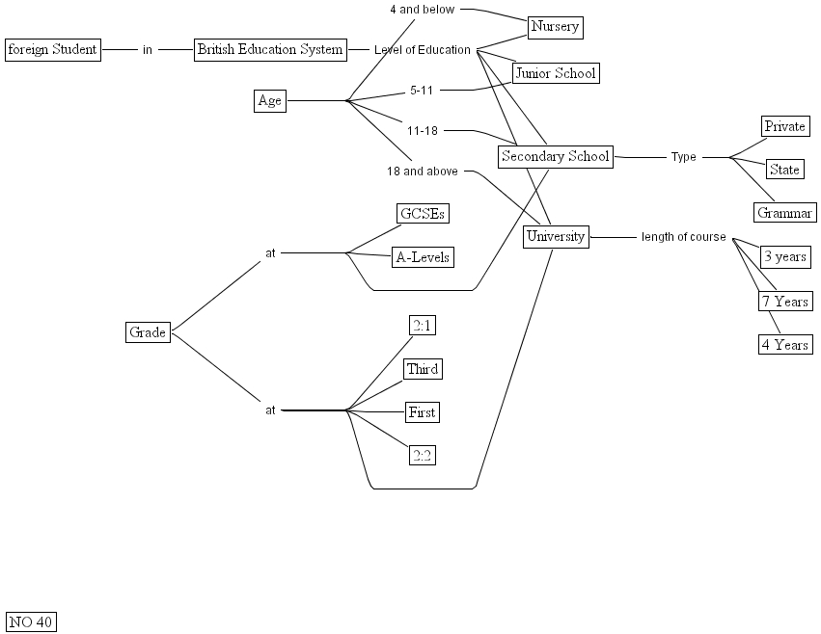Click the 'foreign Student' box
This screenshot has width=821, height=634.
[x=53, y=49]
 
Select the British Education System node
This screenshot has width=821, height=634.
[x=270, y=49]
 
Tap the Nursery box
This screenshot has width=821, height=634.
[x=556, y=26]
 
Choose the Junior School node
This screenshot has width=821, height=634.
[x=556, y=73]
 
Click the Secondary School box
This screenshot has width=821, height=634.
[x=556, y=156]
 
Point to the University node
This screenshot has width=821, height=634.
[x=556, y=236]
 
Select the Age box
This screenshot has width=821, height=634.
[x=270, y=100]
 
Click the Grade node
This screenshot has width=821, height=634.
[x=149, y=332]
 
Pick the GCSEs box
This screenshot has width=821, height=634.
[x=424, y=214]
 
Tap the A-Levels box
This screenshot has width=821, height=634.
[x=424, y=257]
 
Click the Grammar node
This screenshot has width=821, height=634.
[x=785, y=213]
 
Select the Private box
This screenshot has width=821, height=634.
[x=784, y=126]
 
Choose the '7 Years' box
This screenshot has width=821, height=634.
[x=784, y=302]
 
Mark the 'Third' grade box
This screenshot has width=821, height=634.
[x=423, y=369]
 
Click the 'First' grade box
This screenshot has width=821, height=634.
[x=423, y=412]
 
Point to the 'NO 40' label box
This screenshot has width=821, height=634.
[x=31, y=621]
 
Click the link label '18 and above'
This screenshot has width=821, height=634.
[x=423, y=172]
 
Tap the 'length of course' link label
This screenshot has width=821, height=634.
[x=683, y=237]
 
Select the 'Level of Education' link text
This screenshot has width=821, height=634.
[x=423, y=50]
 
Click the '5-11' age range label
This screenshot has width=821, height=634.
[x=423, y=91]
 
